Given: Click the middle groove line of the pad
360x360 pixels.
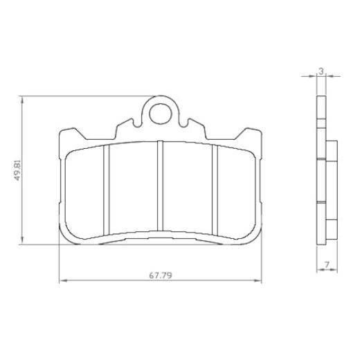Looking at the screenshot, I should pos(160,187).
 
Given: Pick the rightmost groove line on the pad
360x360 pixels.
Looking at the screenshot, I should pos(217,188).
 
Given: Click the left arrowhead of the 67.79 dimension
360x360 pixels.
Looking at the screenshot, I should pos(64,280).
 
